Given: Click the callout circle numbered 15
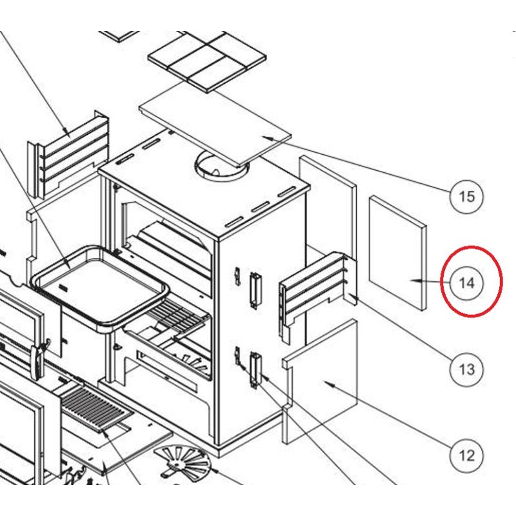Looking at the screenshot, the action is (466, 197).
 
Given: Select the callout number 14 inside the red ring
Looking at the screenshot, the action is (466, 283).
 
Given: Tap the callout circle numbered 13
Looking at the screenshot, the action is (466, 369).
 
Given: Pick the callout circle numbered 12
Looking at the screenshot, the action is (466, 456).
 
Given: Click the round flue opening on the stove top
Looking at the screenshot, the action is (221, 166).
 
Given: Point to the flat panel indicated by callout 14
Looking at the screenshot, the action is (397, 253).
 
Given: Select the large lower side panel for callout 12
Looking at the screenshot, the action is (320, 382).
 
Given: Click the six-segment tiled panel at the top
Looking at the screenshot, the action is (207, 61).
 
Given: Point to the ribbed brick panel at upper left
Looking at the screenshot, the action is (68, 155).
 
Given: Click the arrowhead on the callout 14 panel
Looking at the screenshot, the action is (415, 281).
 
